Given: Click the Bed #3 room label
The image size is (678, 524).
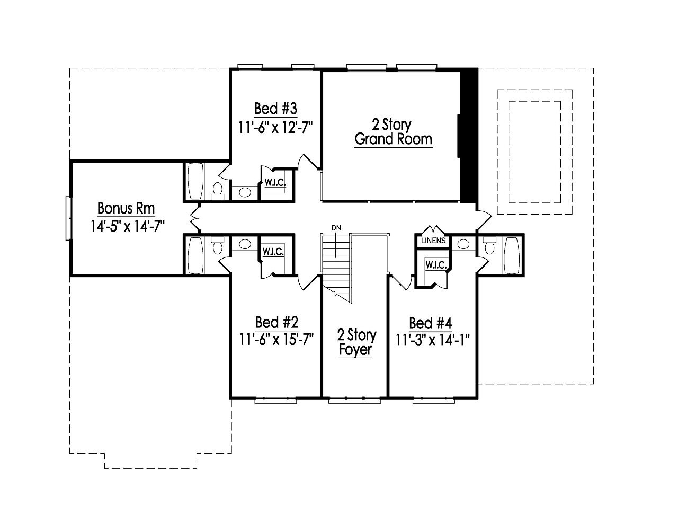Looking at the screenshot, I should [275, 109].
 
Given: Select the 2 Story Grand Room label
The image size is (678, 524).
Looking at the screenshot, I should [393, 132].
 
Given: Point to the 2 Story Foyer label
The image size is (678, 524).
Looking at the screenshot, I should [356, 342].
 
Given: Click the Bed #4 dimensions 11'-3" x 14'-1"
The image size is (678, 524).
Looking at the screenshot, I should [433, 339].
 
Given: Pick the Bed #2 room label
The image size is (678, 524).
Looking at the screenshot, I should [276, 322].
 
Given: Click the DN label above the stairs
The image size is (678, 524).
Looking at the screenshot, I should [335, 228].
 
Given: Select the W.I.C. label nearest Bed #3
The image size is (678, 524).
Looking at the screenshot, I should [275, 183].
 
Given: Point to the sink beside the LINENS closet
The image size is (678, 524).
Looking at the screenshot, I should [463, 244].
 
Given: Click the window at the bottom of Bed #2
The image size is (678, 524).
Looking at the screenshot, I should [274, 401].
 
